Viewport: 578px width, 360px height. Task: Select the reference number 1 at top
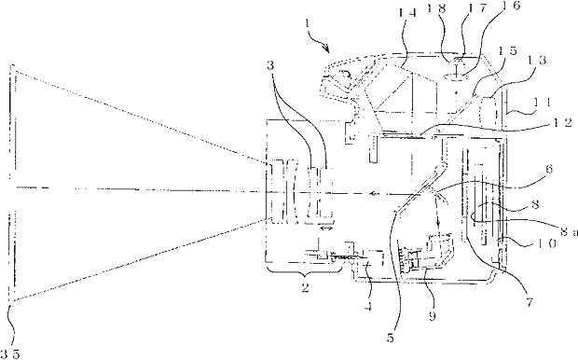coord(308,25)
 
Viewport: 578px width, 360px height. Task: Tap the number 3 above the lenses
coord(271,65)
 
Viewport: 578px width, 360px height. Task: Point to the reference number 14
coord(408,14)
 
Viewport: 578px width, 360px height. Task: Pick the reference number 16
coord(509,6)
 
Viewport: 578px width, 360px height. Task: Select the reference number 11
coord(541,102)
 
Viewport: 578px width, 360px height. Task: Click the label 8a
coord(569,231)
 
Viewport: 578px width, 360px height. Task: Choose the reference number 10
coord(546,243)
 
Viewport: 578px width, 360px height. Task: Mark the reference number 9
coord(432,316)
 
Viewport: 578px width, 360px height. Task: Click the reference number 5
coord(391,338)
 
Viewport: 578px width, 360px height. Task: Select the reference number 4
coord(367,306)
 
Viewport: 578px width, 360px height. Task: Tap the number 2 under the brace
coord(305,287)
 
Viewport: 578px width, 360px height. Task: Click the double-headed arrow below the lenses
coord(326,229)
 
